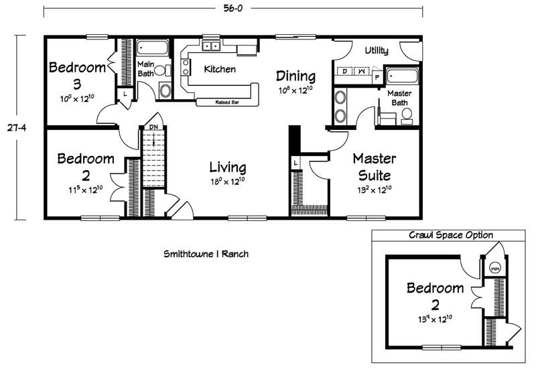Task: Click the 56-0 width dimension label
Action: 233,8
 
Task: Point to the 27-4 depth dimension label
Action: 17,128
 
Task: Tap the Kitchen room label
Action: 220,70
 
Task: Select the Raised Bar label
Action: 227,102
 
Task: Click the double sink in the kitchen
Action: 211,46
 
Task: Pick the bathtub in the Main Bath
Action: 153,48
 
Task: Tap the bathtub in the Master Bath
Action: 403,76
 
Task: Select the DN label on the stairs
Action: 153,127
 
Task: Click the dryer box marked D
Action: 345,71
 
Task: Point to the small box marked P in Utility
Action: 377,77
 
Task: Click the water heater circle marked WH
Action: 494,269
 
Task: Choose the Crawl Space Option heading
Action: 451,235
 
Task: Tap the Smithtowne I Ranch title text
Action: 206,254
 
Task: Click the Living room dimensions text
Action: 228,181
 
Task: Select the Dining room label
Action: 295,76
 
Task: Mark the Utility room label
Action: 377,50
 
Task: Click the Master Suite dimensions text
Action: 375,190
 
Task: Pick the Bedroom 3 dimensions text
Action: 77,98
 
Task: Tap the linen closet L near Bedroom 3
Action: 125,93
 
